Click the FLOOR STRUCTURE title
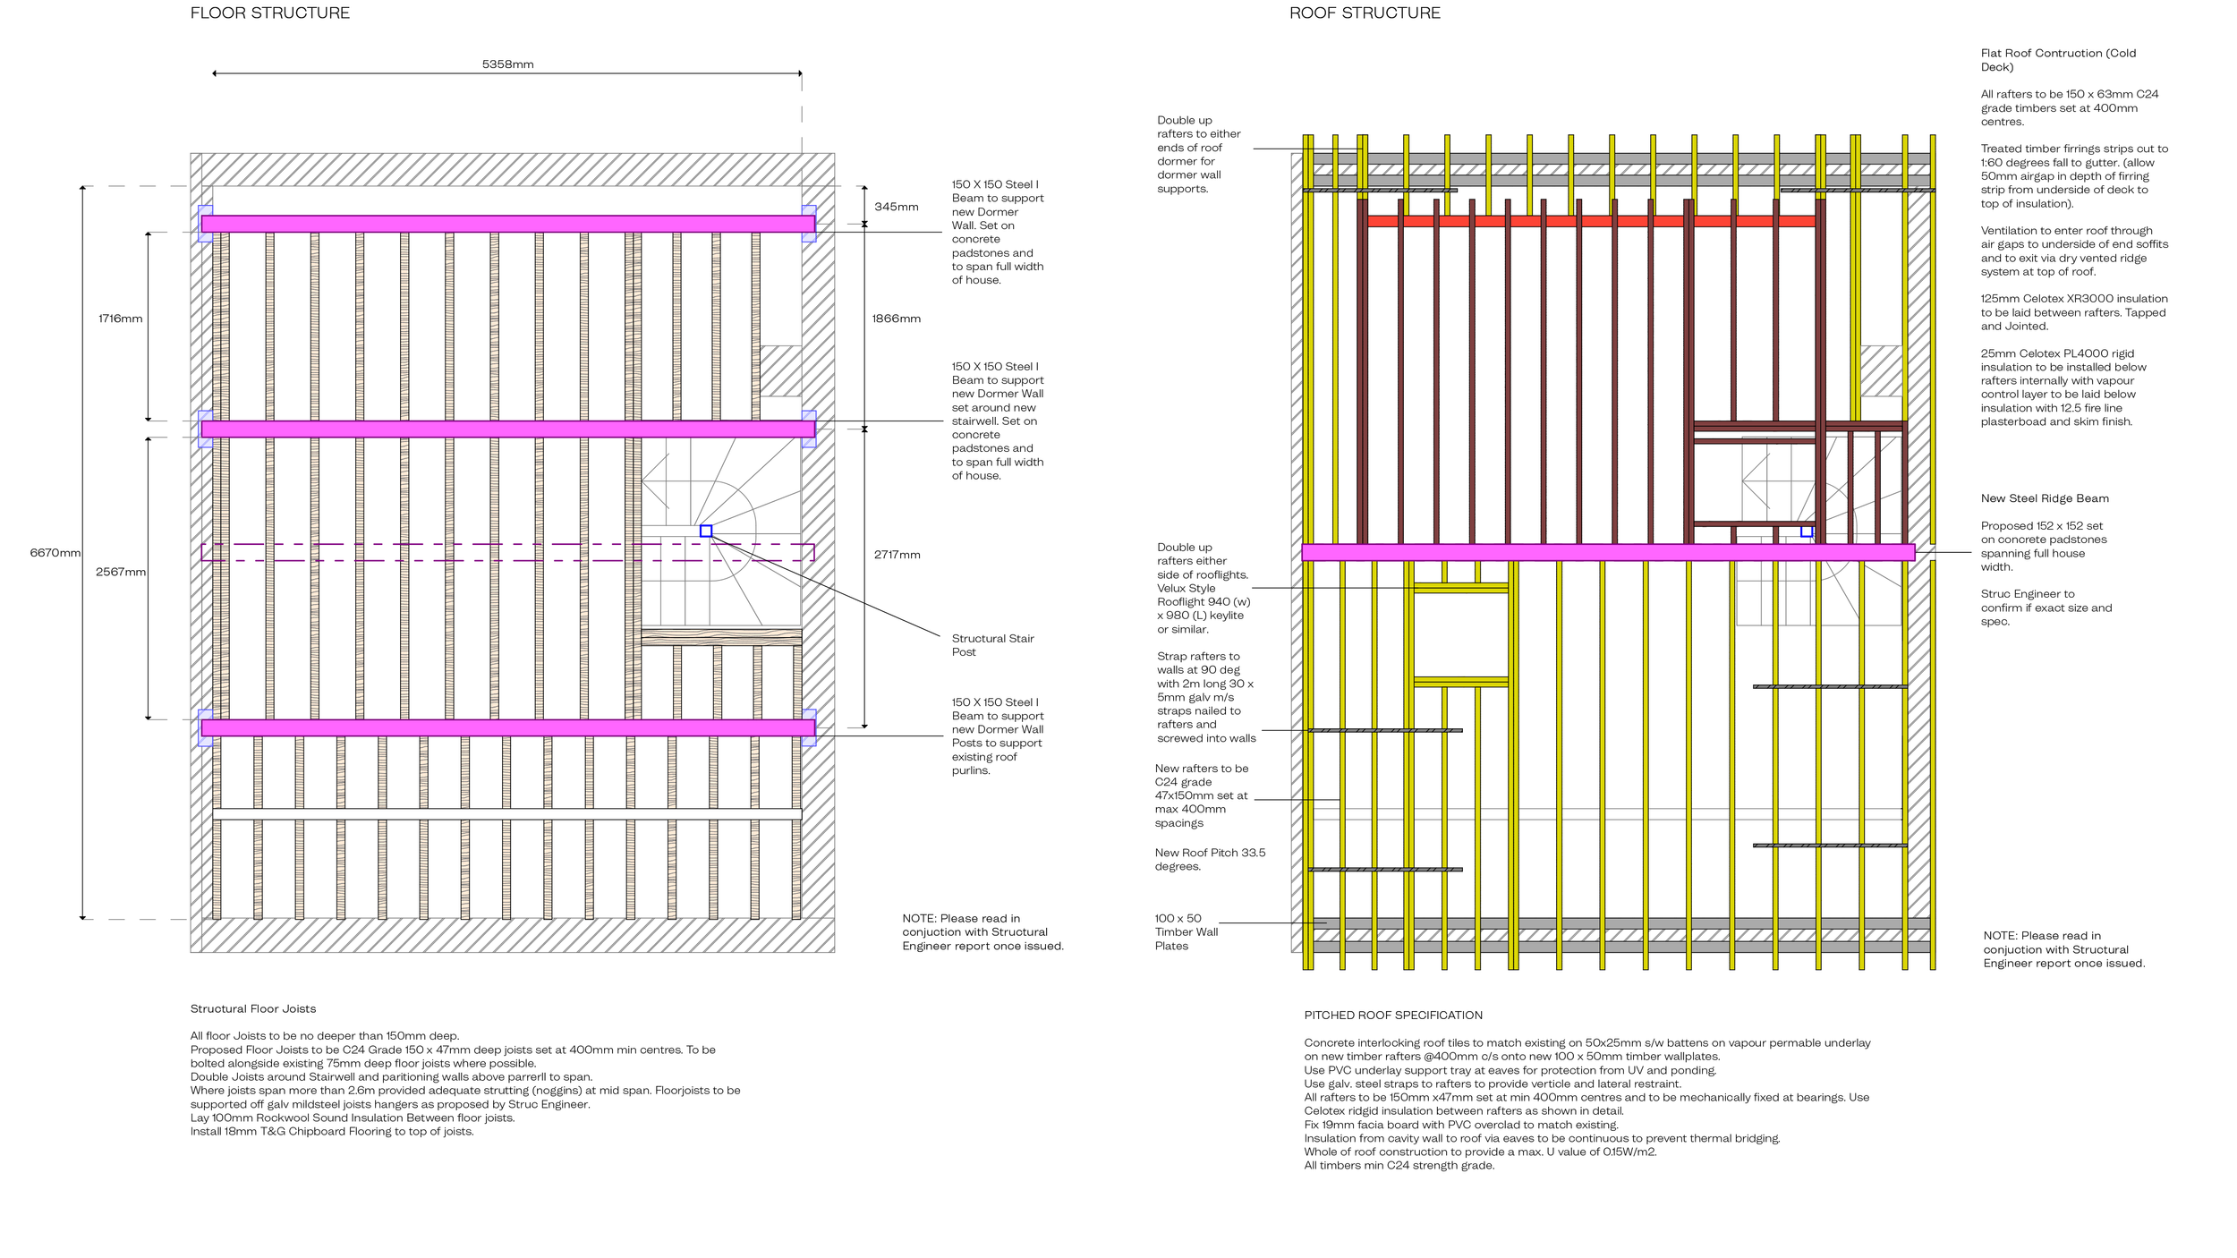(269, 13)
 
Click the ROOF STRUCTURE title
(1365, 13)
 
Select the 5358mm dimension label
(507, 64)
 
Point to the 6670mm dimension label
(55, 553)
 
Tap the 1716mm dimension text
(120, 319)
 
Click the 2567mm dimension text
(120, 573)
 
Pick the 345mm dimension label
(896, 207)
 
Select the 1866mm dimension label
(896, 319)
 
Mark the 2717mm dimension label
(897, 555)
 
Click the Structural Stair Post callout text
(992, 645)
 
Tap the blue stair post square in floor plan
(706, 531)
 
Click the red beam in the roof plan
(1593, 221)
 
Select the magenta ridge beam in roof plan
(1607, 552)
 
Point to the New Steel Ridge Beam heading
(2044, 498)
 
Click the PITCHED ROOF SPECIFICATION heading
(1392, 1016)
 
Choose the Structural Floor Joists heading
(252, 1009)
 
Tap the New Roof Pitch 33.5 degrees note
(1210, 860)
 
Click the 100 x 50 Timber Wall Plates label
(1186, 932)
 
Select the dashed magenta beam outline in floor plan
(507, 552)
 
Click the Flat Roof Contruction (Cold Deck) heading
(2057, 60)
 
